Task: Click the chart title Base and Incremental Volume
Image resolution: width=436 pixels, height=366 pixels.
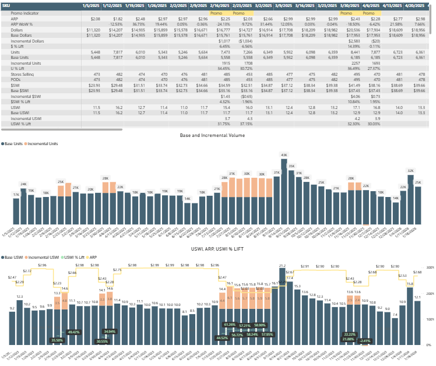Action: [x=219, y=135]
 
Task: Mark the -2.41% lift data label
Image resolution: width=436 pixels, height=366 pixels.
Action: [x=365, y=340]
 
